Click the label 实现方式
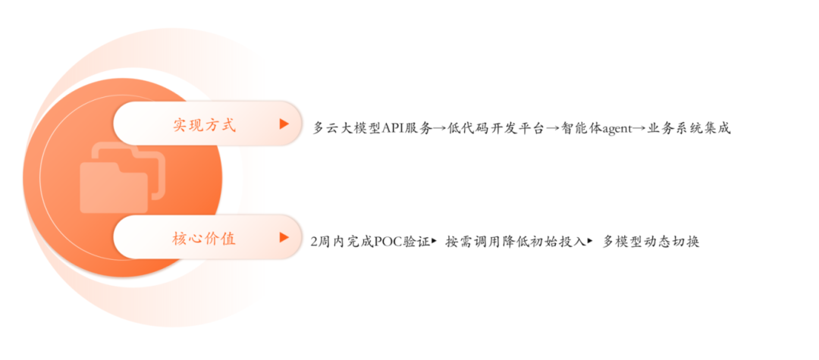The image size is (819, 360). coord(204,124)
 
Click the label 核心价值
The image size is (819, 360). coord(204,238)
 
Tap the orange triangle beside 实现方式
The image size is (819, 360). coord(284,124)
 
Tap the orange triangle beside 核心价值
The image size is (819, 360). coord(284,237)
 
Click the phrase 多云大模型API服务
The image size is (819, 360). coord(372,129)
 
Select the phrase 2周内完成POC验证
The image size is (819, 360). coord(369,243)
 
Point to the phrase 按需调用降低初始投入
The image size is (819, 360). coord(515,243)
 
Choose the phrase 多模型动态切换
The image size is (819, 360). coord(650,243)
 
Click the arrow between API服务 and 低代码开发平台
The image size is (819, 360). coord(438,129)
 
